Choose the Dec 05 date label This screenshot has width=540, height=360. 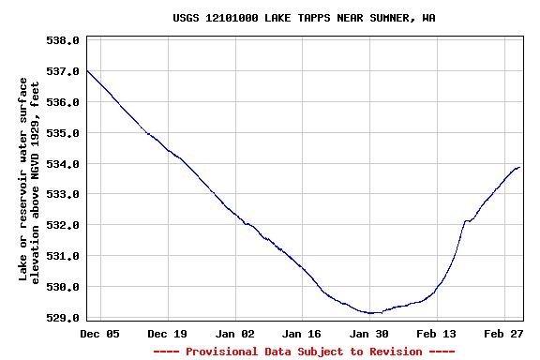pyautogui.click(x=99, y=334)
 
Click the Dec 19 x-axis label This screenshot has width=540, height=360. pyautogui.click(x=167, y=334)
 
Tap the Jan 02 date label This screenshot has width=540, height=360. pyautogui.click(x=234, y=334)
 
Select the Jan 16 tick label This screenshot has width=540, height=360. pyautogui.click(x=302, y=334)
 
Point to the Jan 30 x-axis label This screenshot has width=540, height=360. pyautogui.click(x=369, y=334)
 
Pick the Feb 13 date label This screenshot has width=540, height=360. pyautogui.click(x=437, y=334)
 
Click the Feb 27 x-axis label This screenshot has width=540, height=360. pyautogui.click(x=504, y=334)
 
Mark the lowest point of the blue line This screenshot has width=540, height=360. pyautogui.click(x=372, y=313)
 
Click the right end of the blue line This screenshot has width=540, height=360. pyautogui.click(x=519, y=167)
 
